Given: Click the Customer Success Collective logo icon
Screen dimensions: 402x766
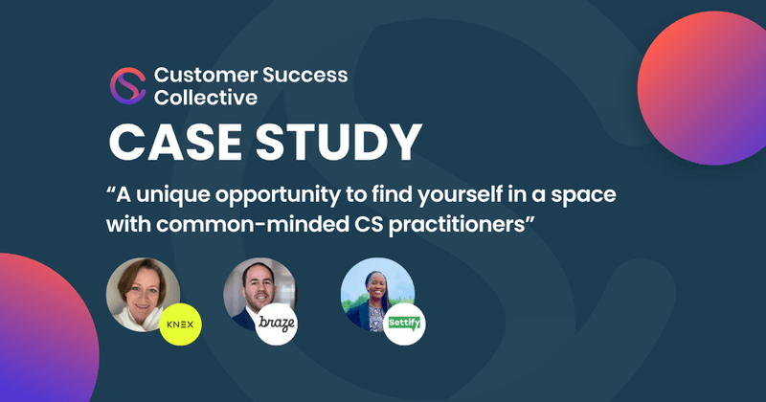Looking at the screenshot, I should pyautogui.click(x=127, y=86).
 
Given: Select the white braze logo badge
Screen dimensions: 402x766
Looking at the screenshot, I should pyautogui.click(x=278, y=324).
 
